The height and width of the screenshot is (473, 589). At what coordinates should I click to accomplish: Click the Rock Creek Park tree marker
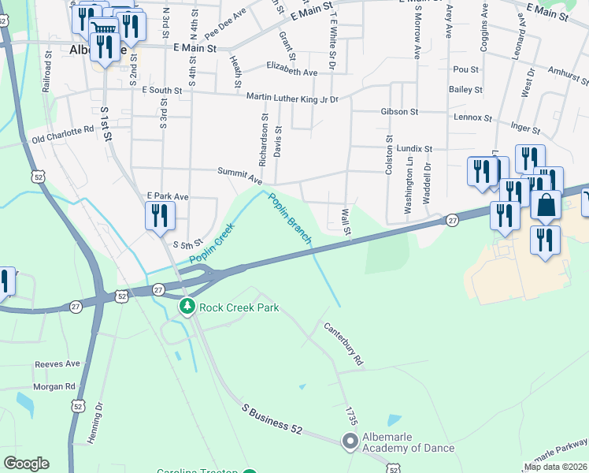187,307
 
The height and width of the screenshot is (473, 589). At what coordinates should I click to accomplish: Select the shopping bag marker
546,205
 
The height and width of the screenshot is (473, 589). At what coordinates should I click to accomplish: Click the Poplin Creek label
212,244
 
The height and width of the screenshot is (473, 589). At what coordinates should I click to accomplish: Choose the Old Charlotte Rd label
62,136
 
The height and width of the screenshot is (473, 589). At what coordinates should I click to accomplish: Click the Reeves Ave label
57,364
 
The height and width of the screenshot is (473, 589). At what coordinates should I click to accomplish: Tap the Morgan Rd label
54,387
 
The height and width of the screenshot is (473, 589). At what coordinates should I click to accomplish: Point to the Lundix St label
415,148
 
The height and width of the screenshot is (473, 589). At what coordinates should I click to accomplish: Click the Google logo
26,464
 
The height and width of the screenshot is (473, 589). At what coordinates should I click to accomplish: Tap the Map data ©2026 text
555,467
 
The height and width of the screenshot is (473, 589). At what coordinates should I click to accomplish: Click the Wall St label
345,222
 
